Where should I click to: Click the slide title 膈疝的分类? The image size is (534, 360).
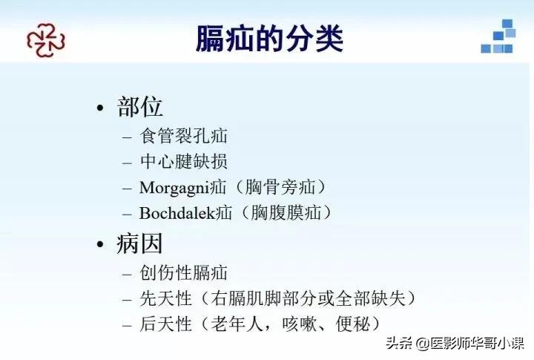pyautogui.click(x=269, y=39)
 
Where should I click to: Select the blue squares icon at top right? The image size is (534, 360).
pyautogui.click(x=498, y=37)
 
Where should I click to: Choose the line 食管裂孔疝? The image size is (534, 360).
pyautogui.click(x=183, y=136)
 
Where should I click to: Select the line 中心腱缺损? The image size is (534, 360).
pyautogui.click(x=183, y=161)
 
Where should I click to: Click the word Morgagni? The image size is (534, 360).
pyautogui.click(x=176, y=186)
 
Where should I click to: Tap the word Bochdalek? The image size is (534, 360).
pyautogui.click(x=177, y=212)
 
